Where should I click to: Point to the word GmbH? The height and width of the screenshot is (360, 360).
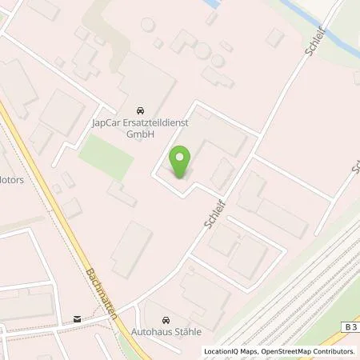141,135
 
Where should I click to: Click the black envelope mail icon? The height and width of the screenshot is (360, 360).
77,318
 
